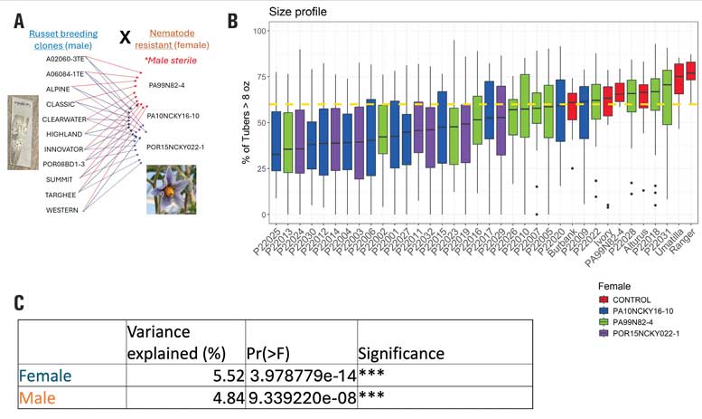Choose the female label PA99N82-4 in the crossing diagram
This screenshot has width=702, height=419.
tap(166, 86)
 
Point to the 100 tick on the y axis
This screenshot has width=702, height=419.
tap(258, 32)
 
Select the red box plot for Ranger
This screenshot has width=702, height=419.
tap(692, 71)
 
